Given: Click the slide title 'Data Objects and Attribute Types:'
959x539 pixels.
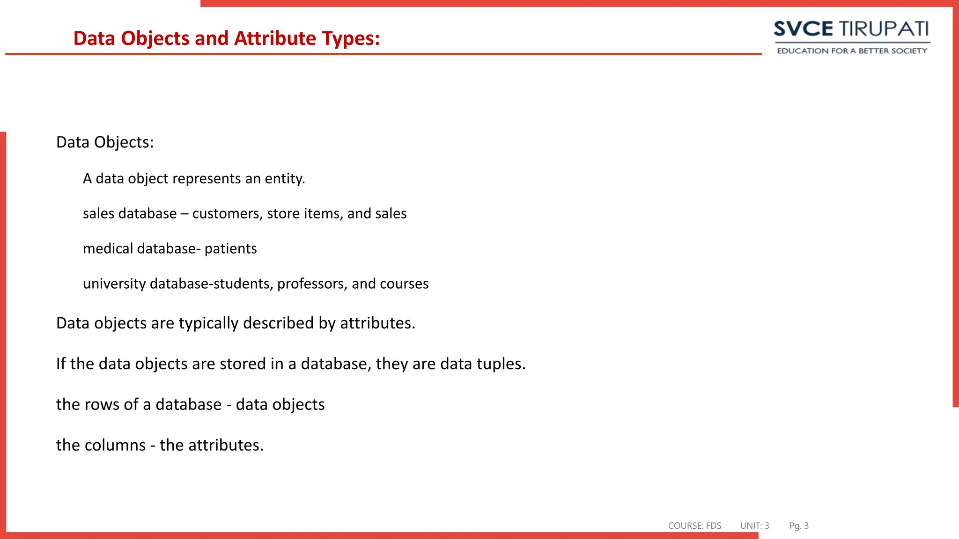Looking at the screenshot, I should (227, 38).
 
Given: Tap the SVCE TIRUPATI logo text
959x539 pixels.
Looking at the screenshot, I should (851, 29).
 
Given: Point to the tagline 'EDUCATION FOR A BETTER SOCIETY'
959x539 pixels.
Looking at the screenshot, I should (852, 51).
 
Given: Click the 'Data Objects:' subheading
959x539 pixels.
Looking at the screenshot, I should (105, 142).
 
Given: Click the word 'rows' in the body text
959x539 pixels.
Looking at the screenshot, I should (102, 405).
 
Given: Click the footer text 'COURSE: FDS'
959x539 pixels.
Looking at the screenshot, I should (694, 526).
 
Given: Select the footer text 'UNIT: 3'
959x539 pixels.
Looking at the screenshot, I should (754, 526).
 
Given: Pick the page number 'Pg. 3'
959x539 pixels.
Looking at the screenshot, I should (799, 526).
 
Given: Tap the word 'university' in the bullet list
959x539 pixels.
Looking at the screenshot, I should (114, 284).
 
